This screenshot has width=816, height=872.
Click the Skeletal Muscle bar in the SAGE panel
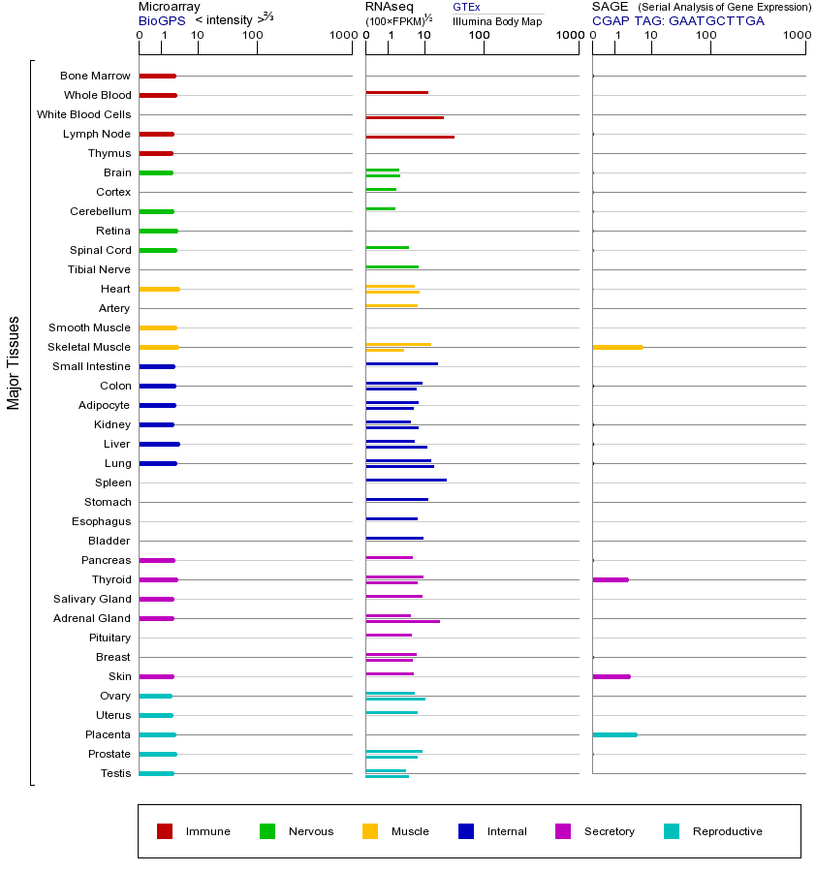pos(617,347)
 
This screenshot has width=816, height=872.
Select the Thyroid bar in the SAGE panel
pos(611,579)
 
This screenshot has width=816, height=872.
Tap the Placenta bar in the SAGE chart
pos(614,734)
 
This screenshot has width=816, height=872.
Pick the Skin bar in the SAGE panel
pos(612,676)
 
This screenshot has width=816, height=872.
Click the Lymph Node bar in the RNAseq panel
pos(410,137)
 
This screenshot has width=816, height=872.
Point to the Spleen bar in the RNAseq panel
pos(406,480)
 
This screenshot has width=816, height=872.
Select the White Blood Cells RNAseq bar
pos(404,117)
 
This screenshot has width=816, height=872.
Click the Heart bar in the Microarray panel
pos(159,289)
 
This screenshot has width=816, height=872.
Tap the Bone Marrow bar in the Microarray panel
pos(157,76)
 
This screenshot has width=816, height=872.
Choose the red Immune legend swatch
pos(165,831)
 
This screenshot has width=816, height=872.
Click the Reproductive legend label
pos(727,831)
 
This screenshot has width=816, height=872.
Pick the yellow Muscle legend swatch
pos(370,831)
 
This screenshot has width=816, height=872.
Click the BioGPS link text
pos(161,20)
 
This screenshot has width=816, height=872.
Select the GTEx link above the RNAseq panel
pos(466,7)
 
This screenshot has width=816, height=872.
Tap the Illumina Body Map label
pos(497,21)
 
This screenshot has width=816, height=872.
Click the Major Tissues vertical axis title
pos(14,362)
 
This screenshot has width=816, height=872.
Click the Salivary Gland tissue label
pos(92,599)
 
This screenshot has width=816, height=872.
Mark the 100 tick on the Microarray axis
pos(253,36)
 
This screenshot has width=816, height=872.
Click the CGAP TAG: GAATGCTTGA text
pos(677,20)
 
